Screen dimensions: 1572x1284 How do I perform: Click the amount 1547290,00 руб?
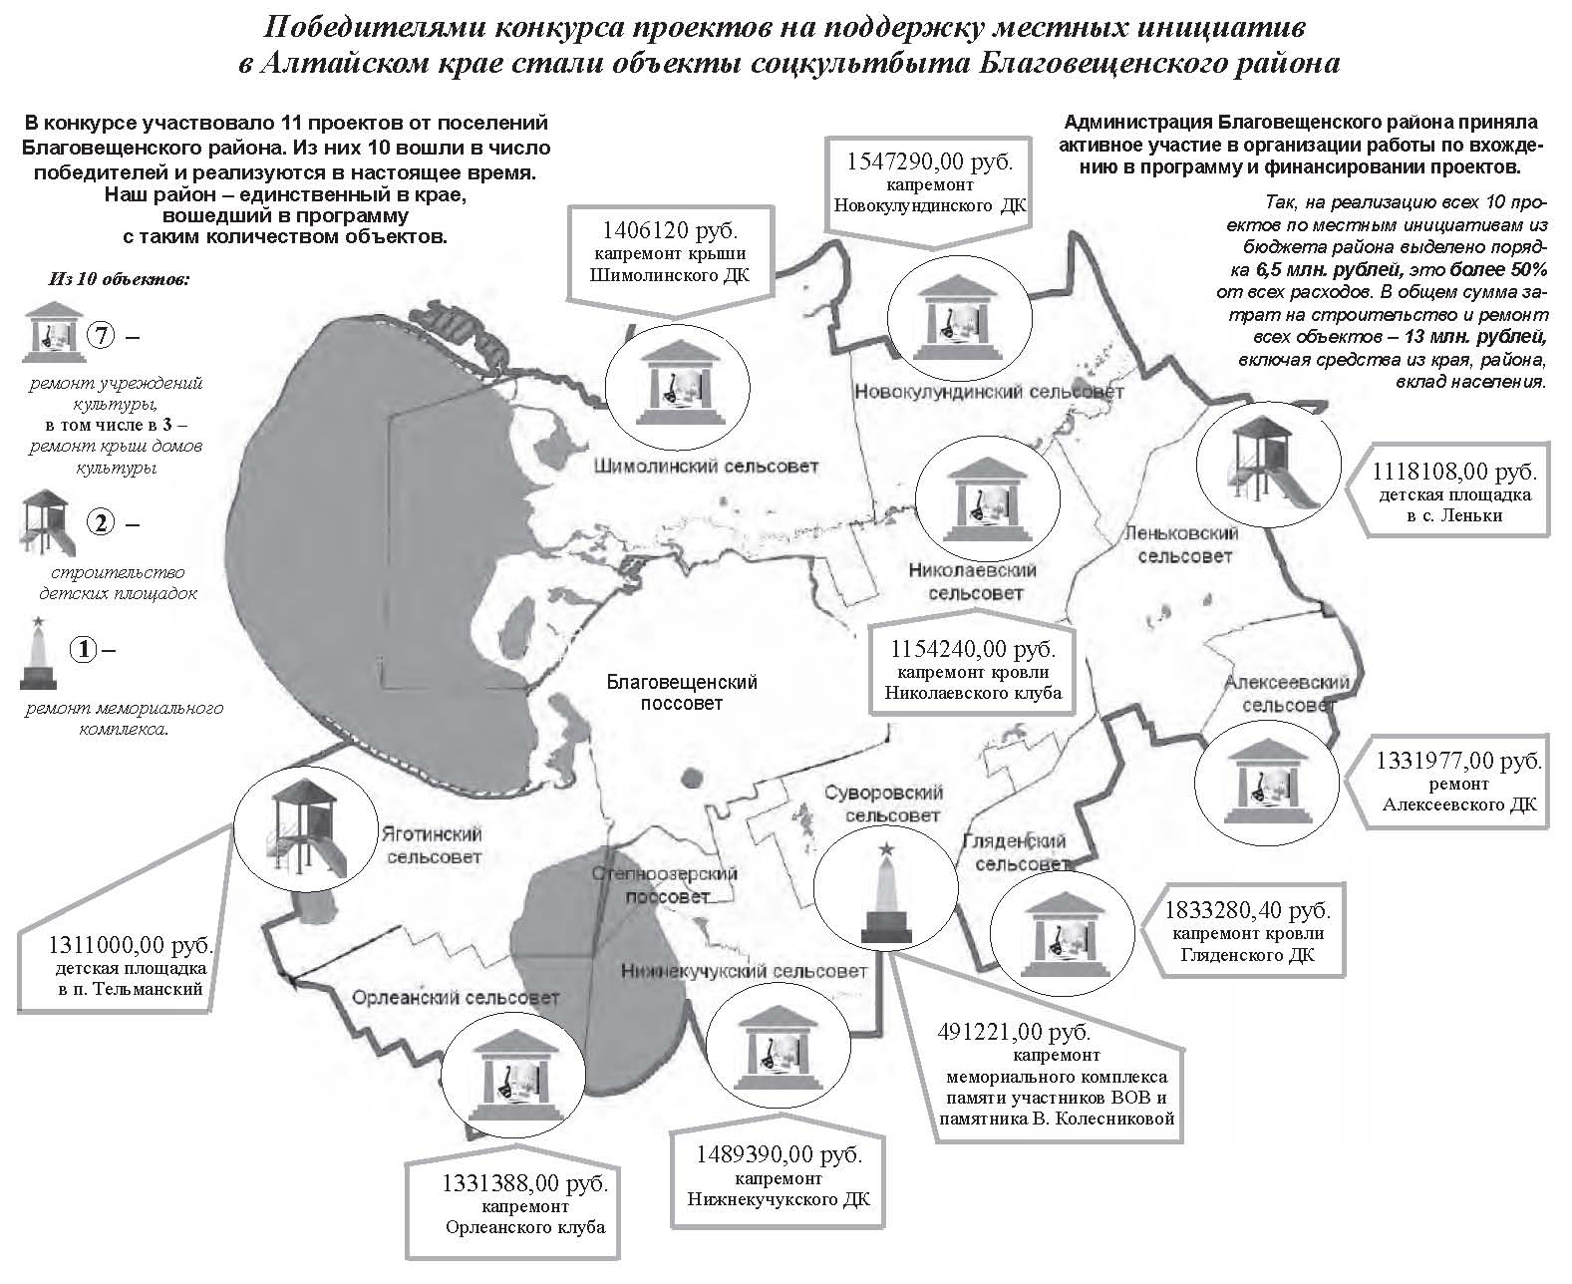(929, 161)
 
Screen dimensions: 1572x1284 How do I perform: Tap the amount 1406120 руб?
(669, 229)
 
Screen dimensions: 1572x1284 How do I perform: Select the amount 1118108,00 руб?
(1454, 472)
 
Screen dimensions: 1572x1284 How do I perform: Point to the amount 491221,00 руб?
(1014, 1032)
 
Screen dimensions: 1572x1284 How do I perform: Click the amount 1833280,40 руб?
(1248, 910)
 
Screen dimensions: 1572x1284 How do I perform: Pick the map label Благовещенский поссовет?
(681, 692)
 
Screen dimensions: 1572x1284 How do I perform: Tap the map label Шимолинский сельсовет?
(706, 467)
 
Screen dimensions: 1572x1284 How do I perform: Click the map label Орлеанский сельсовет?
(455, 998)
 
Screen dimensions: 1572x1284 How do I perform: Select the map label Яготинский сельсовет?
(433, 844)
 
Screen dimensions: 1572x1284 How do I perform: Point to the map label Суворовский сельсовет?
(884, 803)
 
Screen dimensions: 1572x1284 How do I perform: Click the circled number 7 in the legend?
(102, 336)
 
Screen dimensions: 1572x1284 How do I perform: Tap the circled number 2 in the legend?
(102, 522)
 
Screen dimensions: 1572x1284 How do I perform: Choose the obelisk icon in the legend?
(38, 652)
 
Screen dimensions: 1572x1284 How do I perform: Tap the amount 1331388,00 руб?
(524, 1183)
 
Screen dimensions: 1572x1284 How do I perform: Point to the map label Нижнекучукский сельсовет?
(744, 971)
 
